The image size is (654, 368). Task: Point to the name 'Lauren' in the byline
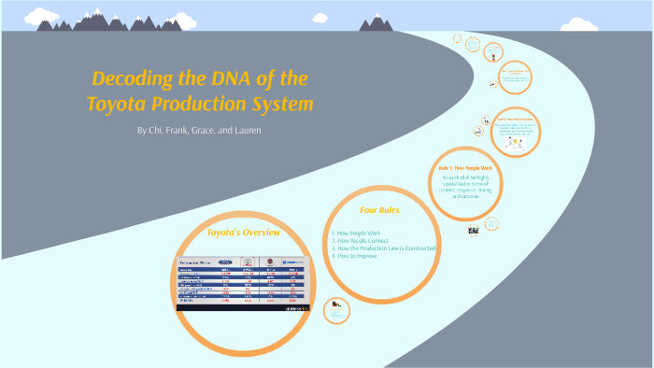tap(243, 130)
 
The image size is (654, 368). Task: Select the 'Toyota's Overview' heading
tap(242, 232)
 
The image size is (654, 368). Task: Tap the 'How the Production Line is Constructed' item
tap(386, 248)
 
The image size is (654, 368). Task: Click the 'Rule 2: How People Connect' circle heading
tap(516, 120)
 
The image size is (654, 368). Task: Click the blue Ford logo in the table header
tap(226, 262)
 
